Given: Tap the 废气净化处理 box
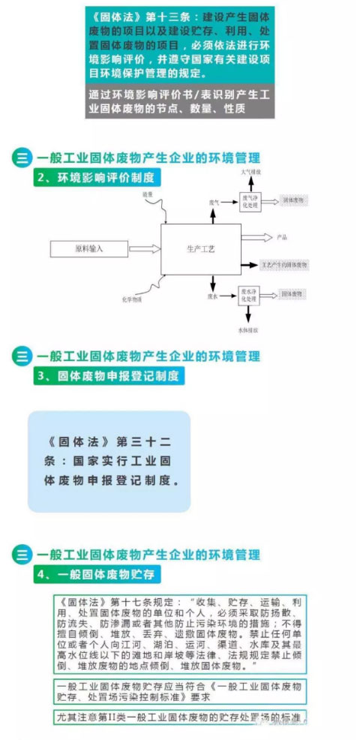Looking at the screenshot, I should pos(250,201).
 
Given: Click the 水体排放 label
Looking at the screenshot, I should pos(249,329).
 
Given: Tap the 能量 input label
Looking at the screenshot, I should pos(148,193).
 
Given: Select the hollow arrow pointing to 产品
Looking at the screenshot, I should pos(256,237).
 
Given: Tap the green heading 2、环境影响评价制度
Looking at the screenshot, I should pos(97,178).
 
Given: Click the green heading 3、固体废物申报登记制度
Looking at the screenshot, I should pos(108,375).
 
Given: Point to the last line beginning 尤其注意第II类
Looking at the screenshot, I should pos(179,716).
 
